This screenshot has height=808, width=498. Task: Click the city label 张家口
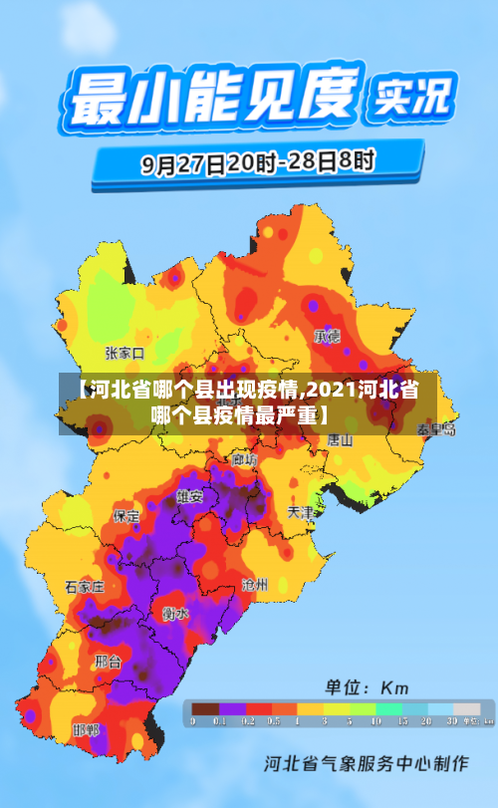[124, 353]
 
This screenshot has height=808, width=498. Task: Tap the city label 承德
[327, 336]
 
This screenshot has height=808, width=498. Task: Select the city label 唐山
[341, 439]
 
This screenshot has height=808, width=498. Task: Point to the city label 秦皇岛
[436, 429]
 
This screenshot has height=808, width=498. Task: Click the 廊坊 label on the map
[244, 459]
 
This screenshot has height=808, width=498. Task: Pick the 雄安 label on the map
[190, 495]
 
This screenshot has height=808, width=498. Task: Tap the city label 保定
[126, 516]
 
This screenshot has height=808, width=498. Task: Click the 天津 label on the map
[301, 512]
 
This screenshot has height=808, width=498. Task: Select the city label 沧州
[254, 585]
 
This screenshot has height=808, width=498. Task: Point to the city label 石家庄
[85, 587]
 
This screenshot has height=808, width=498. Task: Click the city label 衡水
[175, 613]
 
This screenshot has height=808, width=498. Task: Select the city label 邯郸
[86, 730]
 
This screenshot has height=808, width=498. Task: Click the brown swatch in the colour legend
[205, 708]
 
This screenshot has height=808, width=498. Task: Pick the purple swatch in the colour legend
[232, 708]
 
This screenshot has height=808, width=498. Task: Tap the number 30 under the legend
[451, 720]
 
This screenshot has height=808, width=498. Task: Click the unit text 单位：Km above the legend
[368, 687]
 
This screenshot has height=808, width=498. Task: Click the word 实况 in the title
[411, 97]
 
